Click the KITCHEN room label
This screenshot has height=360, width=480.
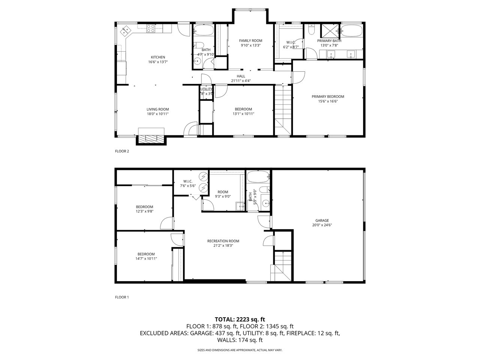158,57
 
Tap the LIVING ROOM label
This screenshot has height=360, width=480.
157,109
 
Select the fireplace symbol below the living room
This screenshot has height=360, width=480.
152,138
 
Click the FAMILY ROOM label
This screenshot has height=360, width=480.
250,40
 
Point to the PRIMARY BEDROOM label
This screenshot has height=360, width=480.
328,96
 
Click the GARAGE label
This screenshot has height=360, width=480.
322,220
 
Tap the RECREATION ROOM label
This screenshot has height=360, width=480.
223,241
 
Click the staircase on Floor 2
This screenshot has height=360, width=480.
283,109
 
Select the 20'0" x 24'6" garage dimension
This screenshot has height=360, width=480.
322,225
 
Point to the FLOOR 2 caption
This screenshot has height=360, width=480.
122,151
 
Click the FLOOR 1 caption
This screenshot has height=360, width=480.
122,297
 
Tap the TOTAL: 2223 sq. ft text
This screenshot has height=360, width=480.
240,319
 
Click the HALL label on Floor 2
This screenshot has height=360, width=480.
241,76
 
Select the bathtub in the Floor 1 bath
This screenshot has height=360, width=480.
258,176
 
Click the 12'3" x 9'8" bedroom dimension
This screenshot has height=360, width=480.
144,211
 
